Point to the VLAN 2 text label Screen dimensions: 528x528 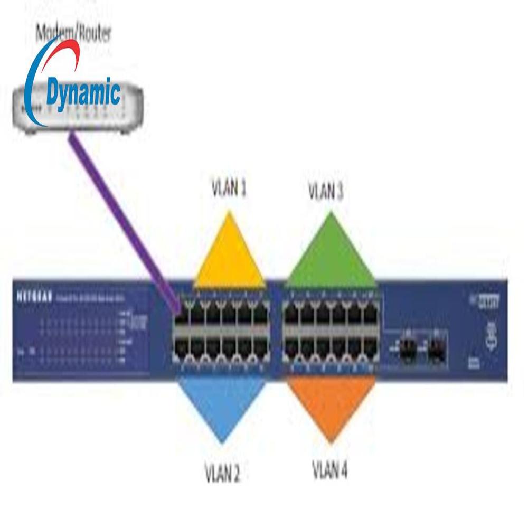(x=222, y=474)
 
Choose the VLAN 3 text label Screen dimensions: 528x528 (x=326, y=191)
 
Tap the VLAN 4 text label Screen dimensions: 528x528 (x=330, y=469)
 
